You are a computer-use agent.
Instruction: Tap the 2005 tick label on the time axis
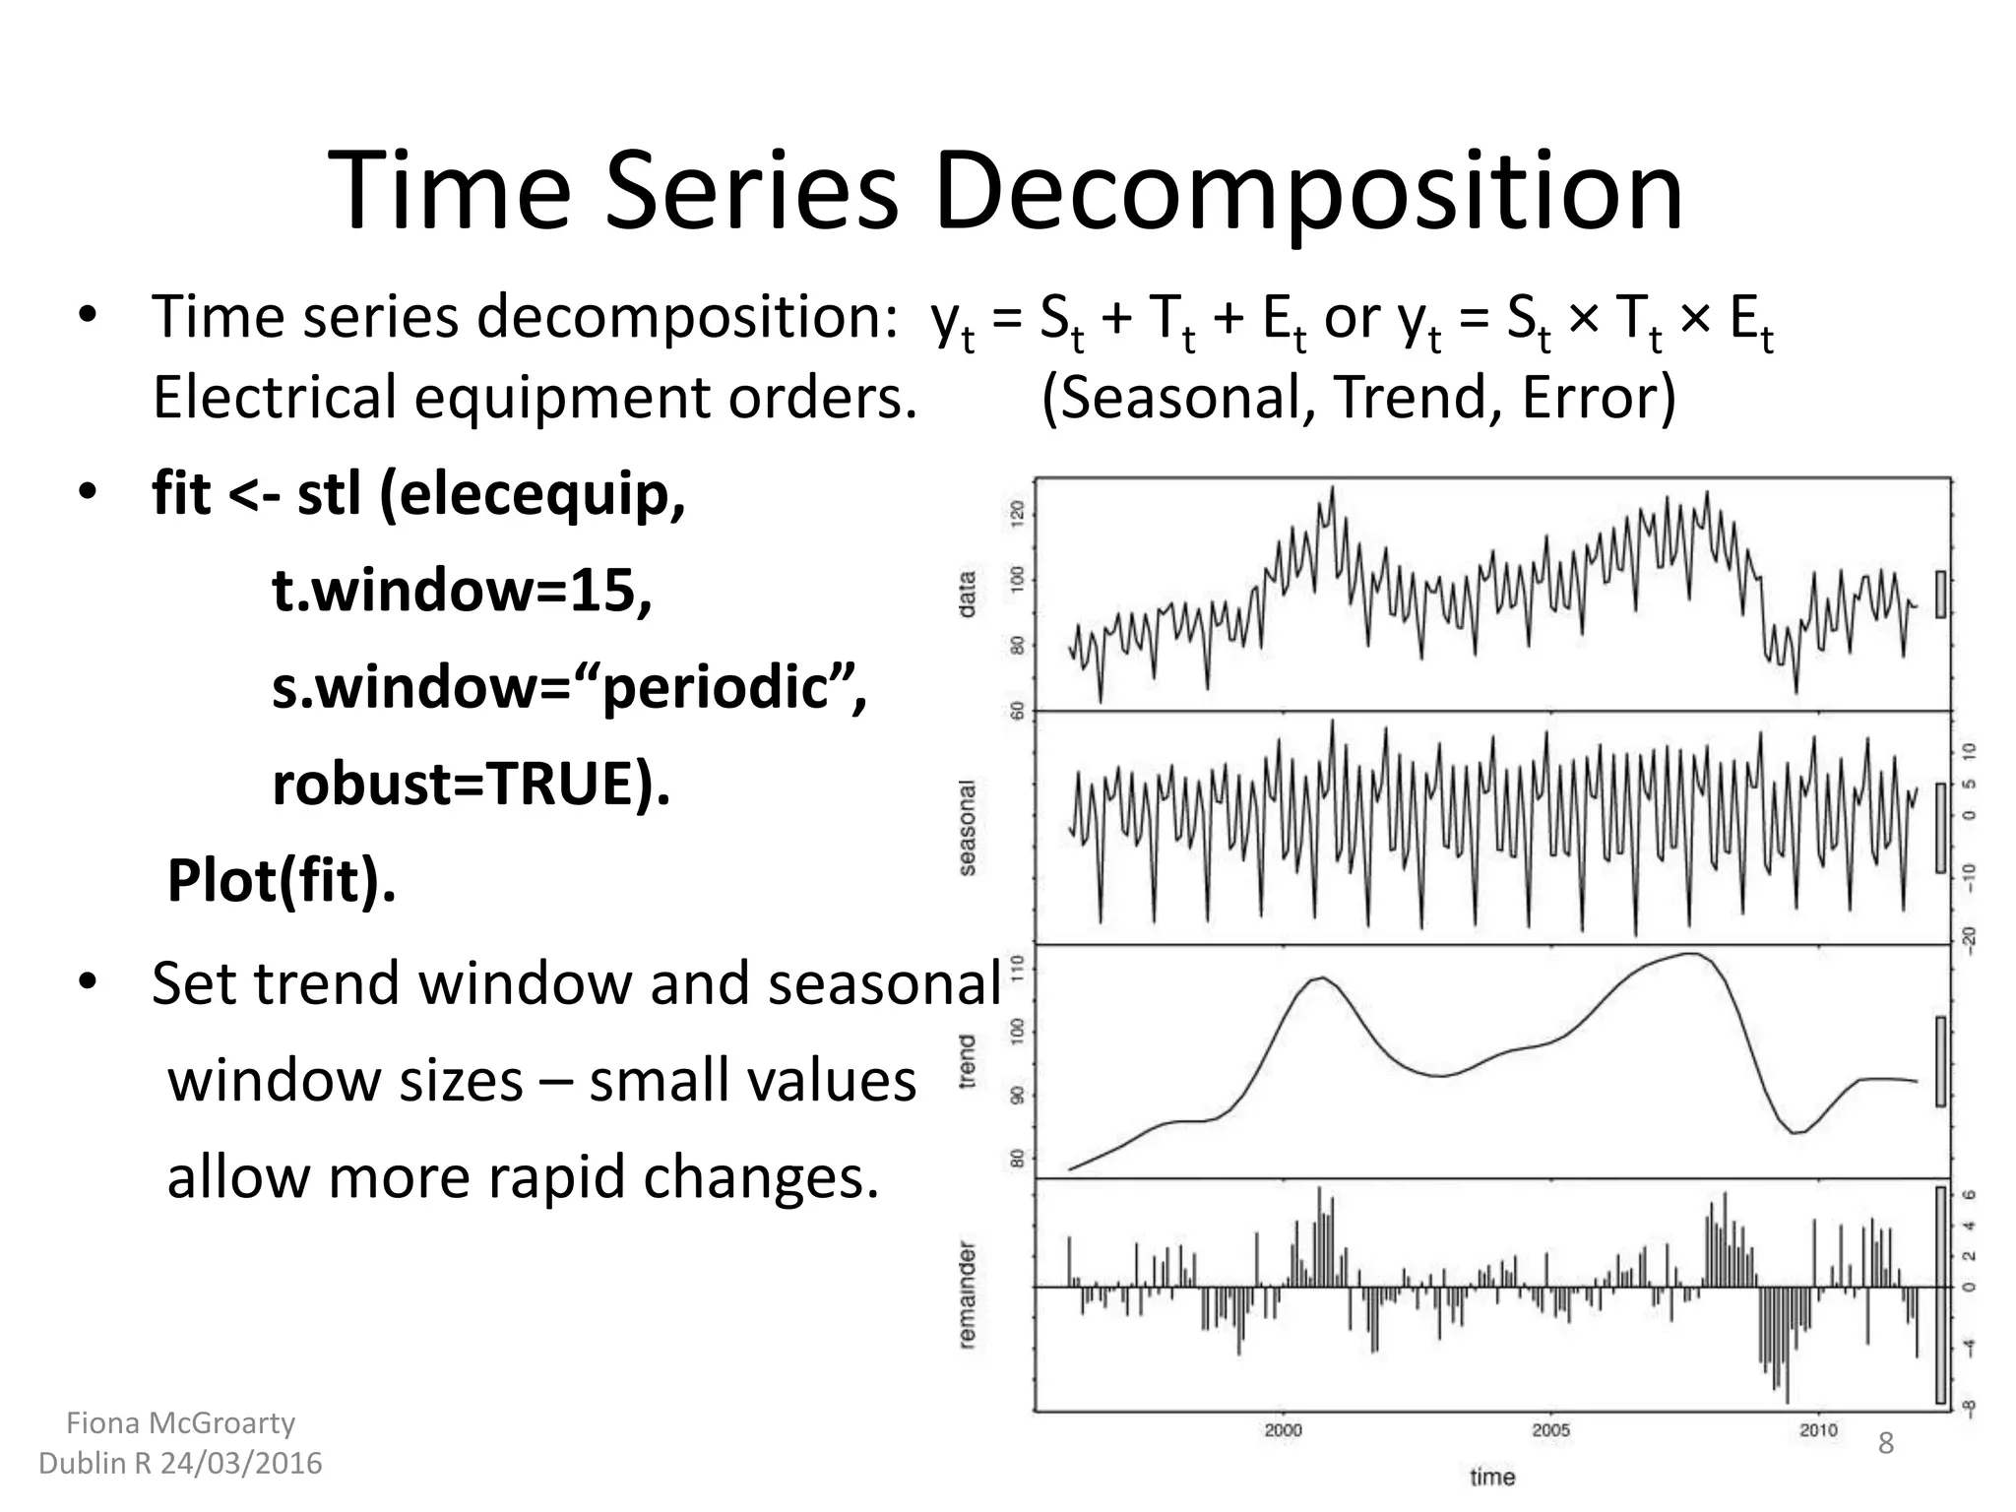1551,1430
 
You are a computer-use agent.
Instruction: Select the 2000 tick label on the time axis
1283,1430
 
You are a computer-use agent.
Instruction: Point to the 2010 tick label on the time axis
1818,1430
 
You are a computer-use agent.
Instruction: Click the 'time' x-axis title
1492,1477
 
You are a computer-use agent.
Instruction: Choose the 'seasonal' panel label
968,828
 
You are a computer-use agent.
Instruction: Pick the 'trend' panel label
968,1061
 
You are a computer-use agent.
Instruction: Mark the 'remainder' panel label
968,1294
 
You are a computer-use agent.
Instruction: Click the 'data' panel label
968,595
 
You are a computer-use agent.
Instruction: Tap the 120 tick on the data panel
1018,513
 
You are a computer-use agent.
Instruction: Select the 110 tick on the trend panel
1018,964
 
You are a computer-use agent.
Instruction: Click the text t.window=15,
462,591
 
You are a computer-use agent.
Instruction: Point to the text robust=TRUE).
471,785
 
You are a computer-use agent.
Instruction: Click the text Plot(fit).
282,880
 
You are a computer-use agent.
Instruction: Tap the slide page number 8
1886,1444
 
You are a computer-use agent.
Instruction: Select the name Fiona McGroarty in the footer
180,1423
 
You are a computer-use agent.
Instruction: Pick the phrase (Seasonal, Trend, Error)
1358,399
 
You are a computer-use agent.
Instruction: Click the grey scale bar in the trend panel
1940,1061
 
